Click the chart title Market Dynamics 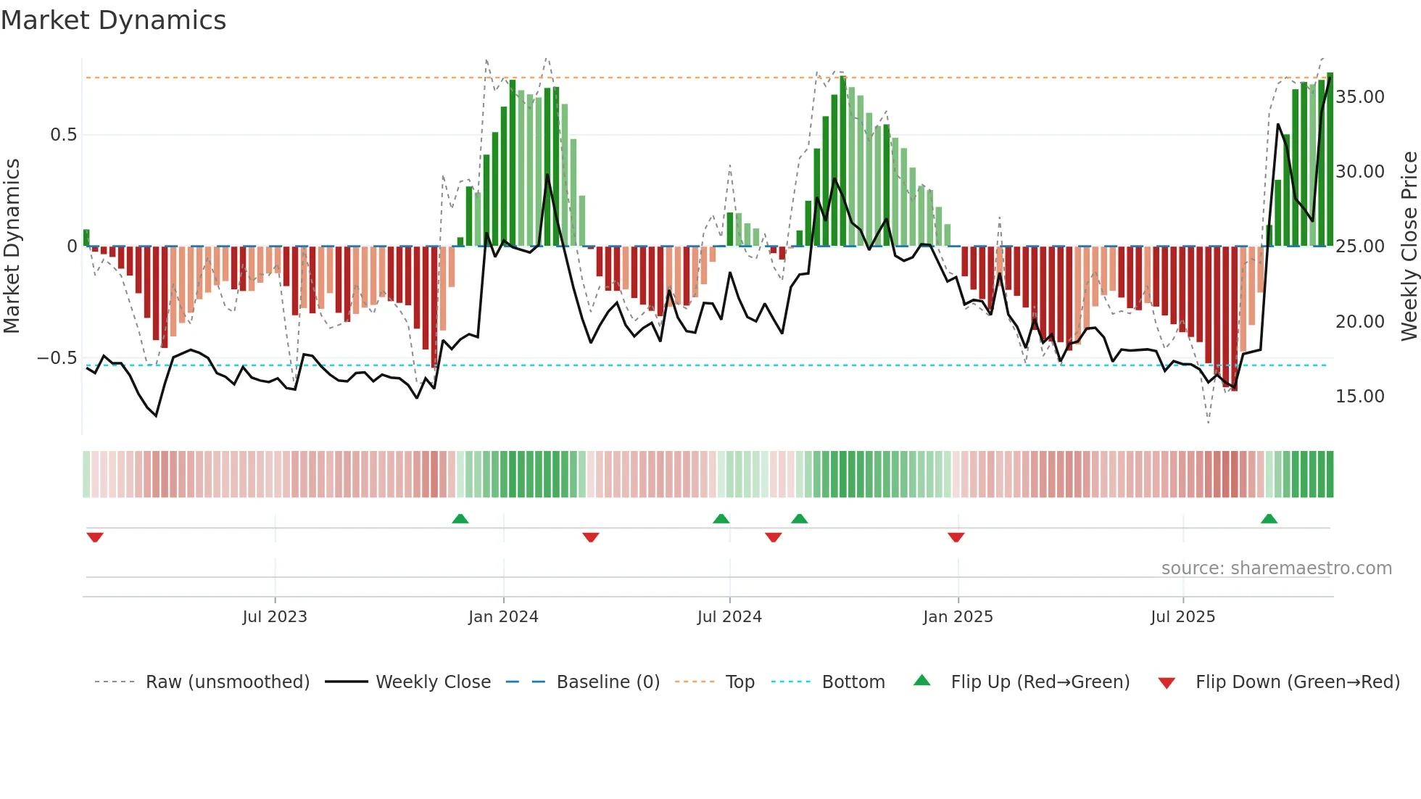[114, 20]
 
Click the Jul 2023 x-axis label [275, 617]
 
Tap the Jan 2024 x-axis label [503, 617]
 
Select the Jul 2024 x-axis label [729, 617]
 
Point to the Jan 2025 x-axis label [958, 617]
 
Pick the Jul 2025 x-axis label [1182, 617]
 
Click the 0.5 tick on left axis [63, 135]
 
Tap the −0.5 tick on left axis [57, 358]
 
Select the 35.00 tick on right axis [1360, 97]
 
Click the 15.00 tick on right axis [1360, 397]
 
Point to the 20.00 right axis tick [1360, 322]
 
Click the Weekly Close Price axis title [1409, 247]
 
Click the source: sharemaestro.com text [1276, 568]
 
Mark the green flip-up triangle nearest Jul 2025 [1269, 519]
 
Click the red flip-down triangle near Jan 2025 [956, 537]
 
